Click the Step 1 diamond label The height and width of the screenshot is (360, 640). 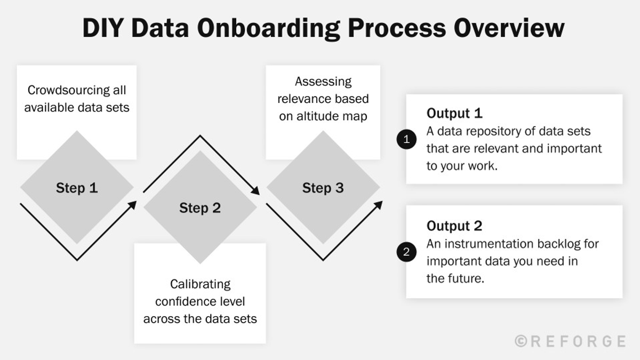[x=77, y=188]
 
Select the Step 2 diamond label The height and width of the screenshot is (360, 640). [x=199, y=208]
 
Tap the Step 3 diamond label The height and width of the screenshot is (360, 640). [x=323, y=188]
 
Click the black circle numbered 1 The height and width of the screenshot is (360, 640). [x=406, y=140]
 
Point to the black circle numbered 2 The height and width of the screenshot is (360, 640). [x=406, y=252]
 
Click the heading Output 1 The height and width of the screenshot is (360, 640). [x=454, y=113]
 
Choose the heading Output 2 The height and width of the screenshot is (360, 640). [x=454, y=226]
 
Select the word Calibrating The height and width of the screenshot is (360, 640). [x=200, y=284]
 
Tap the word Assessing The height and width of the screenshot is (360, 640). [x=323, y=82]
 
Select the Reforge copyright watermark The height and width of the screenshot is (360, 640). [x=570, y=341]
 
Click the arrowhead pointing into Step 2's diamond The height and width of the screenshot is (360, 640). [x=133, y=204]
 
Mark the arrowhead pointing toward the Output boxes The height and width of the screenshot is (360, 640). [x=379, y=204]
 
